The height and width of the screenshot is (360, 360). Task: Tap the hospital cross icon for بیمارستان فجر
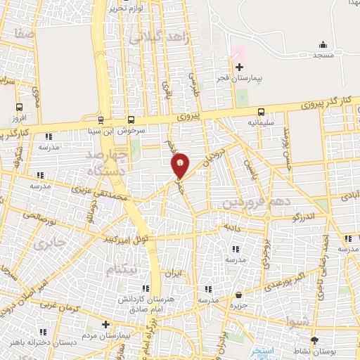(240, 67)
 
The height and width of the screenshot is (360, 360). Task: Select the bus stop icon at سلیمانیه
(261, 111)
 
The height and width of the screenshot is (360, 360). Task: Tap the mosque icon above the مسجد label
(323, 44)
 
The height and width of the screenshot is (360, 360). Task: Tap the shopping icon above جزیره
(240, 295)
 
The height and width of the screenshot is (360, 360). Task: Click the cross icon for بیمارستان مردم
(105, 324)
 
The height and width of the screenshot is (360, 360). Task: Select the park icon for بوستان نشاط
(314, 340)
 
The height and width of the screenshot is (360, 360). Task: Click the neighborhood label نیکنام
(122, 269)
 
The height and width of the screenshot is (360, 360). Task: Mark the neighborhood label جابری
(49, 244)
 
